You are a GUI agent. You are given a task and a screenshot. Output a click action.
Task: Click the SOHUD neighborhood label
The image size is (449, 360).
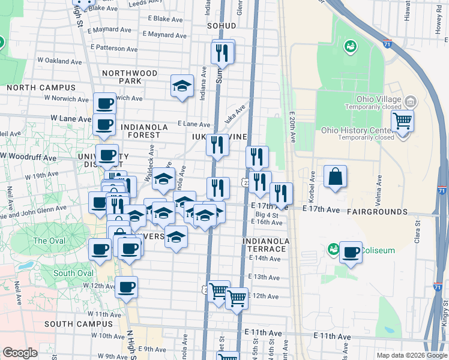coord(220,26)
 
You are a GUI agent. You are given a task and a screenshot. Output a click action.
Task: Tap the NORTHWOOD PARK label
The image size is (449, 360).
coord(130,77)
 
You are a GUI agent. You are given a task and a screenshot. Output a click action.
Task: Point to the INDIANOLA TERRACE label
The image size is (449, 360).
coord(266,245)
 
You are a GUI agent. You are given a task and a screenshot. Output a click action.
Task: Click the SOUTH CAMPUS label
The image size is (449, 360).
coord(79,324)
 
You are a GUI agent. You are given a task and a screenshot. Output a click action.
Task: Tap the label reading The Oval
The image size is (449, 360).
coord(49,241)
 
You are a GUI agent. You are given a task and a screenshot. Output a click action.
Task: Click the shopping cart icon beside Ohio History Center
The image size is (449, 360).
coord(402,121)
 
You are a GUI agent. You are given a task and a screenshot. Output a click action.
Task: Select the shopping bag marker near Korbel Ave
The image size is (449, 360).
coord(336,177)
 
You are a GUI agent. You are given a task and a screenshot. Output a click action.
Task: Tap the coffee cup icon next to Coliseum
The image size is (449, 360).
coord(351,252)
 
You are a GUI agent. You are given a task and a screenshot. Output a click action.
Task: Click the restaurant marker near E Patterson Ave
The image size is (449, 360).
coord(223,53)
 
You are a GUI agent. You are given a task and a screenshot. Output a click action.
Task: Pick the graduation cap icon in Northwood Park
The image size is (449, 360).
coord(182,86)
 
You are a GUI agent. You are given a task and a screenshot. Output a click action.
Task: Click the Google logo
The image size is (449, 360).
coord(20,353)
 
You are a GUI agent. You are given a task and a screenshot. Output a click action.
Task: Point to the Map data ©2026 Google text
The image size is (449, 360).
coord(412,355)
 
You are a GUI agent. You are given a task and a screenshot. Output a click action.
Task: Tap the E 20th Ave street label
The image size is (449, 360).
coord(292,128)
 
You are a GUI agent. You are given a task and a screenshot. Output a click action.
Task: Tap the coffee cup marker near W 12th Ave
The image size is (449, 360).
coord(126,287)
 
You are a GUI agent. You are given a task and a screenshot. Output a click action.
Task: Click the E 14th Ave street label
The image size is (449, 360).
coord(264,259)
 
